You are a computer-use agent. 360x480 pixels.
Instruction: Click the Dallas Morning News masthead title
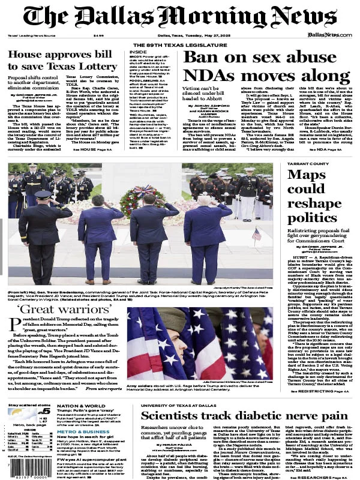[x=179, y=17]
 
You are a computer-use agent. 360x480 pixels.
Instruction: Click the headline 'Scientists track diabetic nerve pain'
[x=244, y=399]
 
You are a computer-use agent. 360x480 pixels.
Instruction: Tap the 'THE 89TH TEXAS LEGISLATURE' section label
[x=179, y=45]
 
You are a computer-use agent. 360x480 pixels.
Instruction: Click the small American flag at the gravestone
[x=256, y=233]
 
